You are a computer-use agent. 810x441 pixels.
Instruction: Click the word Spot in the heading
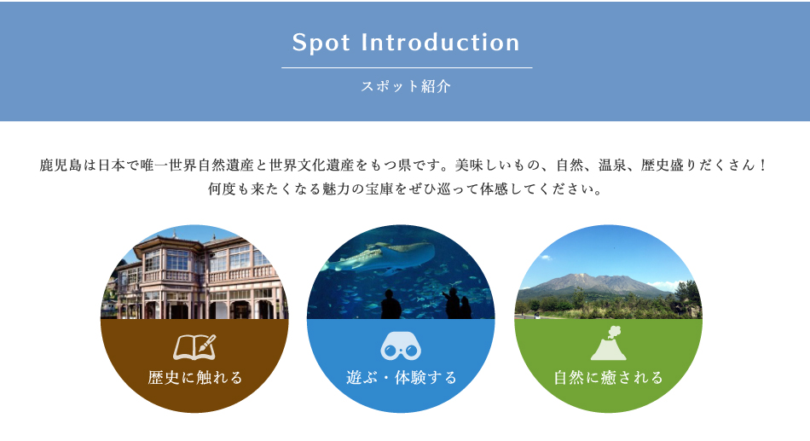321,43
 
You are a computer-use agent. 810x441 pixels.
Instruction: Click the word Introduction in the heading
440,43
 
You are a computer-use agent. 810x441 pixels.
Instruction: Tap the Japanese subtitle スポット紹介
406,86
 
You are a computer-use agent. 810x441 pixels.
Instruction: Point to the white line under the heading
407,67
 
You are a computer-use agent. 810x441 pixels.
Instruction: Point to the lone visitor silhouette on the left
391,305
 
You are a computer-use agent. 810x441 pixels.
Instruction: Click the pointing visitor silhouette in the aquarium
452,303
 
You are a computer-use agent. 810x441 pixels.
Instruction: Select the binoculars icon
401,347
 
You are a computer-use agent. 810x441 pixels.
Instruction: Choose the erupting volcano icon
609,343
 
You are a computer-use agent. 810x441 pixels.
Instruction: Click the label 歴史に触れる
194,378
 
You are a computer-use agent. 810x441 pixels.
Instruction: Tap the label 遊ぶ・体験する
402,378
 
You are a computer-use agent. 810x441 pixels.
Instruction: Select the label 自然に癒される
609,378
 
